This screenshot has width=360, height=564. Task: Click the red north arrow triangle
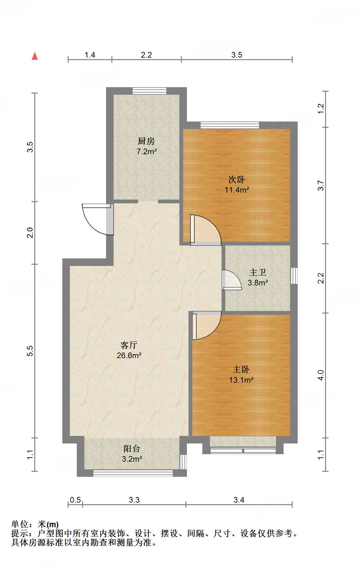[x=35, y=56]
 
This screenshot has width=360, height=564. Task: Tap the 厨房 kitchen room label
[x=146, y=141]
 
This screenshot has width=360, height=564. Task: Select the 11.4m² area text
[x=237, y=190]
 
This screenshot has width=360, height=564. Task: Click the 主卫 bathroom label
[x=258, y=272]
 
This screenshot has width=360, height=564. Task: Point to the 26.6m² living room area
[x=129, y=356]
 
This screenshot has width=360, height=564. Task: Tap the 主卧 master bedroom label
[x=241, y=369]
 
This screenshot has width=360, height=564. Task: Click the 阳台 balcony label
[x=132, y=449]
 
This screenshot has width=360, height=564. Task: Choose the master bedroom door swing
[x=206, y=326]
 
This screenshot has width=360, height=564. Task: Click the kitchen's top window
[x=149, y=91]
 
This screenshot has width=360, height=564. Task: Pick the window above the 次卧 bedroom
[x=230, y=125]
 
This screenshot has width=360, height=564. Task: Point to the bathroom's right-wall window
[x=294, y=276]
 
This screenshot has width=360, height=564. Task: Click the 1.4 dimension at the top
[x=90, y=55]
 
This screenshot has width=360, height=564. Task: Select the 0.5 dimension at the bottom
[x=75, y=500]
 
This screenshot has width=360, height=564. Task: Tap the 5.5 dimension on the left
[x=30, y=351]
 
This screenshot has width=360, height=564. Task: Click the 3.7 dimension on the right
[x=321, y=185]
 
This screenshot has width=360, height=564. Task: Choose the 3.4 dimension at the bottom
[x=239, y=500]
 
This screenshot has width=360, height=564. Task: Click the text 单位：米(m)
[x=35, y=524]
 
